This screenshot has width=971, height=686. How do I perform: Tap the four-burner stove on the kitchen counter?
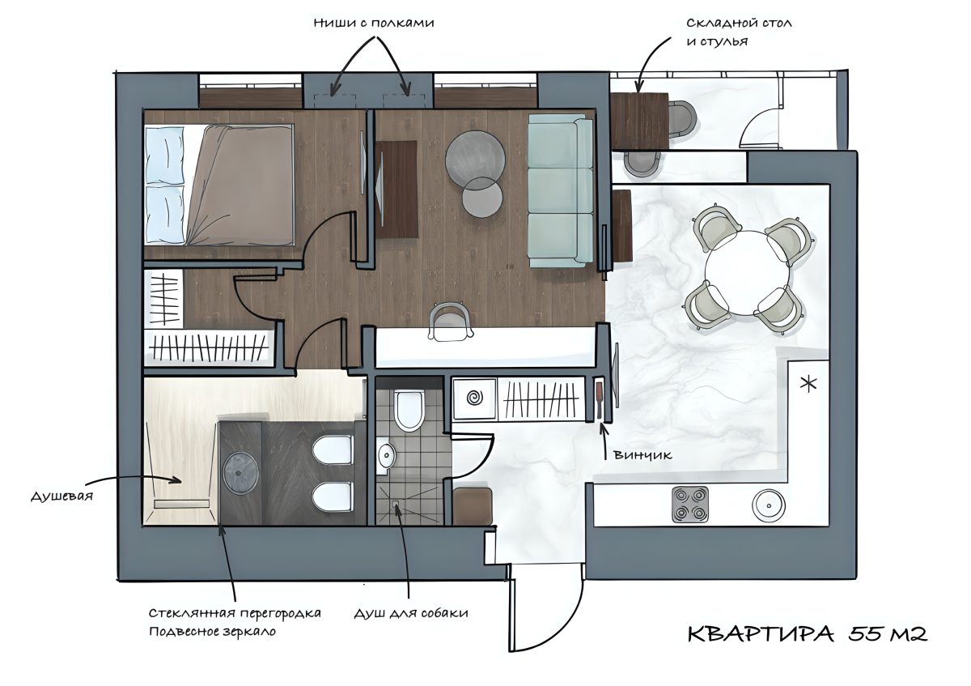[690, 504]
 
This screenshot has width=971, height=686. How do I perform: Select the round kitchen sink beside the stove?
[768, 505]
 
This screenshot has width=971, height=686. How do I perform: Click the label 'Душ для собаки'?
[410, 613]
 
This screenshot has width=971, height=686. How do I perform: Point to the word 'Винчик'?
[642, 454]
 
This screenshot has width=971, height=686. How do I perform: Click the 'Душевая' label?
[62, 496]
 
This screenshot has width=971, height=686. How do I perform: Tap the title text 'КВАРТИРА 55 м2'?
[808, 634]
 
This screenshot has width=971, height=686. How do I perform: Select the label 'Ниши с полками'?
[374, 23]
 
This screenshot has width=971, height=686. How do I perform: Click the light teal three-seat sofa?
[560, 190]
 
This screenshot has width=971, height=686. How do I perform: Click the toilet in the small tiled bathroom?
[409, 411]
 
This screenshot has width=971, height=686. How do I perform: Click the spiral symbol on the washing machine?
[474, 398]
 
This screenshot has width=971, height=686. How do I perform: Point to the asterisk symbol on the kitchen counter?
[808, 383]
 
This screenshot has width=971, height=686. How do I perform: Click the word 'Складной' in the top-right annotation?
[714, 23]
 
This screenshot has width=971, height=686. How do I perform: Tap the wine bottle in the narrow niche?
[600, 399]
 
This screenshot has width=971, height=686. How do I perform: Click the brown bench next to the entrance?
[472, 506]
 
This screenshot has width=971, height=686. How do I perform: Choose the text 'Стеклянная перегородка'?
[235, 613]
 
